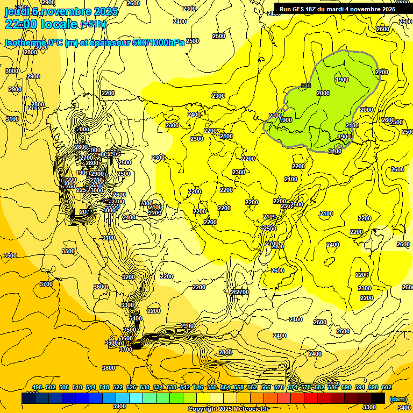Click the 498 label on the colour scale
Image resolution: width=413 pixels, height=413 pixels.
click(x=37, y=387)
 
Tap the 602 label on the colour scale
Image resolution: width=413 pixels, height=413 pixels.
click(x=387, y=387)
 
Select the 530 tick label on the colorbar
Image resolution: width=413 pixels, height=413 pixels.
click(x=145, y=387)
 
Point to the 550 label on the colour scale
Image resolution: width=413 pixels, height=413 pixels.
click(x=212, y=387)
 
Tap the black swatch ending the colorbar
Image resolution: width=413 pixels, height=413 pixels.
click(x=378, y=398)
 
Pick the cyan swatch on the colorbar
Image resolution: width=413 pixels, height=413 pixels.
click(x=136, y=398)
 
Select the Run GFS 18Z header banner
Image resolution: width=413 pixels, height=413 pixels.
click(x=337, y=9)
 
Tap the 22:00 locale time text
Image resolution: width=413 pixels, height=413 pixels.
click(x=41, y=24)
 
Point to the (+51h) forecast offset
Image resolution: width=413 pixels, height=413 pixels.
click(x=92, y=24)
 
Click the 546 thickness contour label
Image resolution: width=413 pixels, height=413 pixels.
click(x=307, y=86)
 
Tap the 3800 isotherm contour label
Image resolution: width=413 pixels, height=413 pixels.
click(x=109, y=368)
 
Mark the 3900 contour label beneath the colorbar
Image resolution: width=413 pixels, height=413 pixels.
click(x=119, y=406)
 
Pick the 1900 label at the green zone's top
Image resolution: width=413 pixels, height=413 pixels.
click(x=341, y=80)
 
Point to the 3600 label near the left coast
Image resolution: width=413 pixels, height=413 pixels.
click(x=101, y=287)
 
